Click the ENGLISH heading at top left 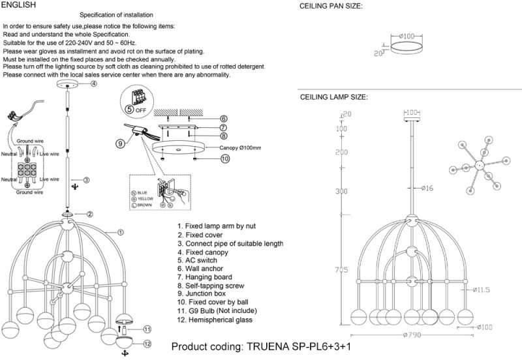(x=19, y=5)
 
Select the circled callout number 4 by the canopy (x=94, y=84)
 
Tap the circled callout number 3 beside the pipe (x=85, y=179)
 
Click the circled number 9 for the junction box (x=121, y=143)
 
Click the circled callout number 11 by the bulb (x=147, y=329)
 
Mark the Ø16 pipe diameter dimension (x=427, y=188)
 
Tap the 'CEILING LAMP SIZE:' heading (x=333, y=97)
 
